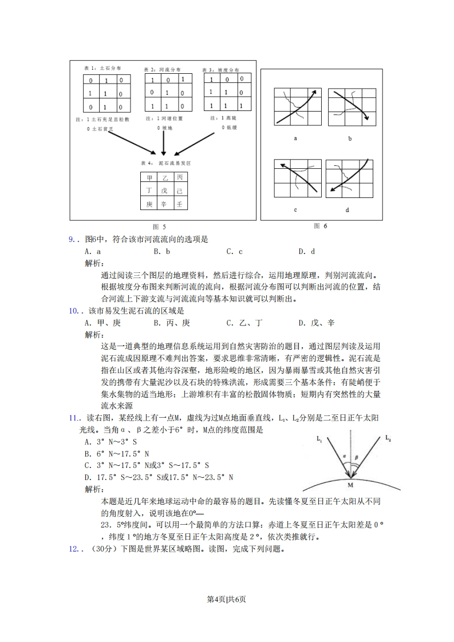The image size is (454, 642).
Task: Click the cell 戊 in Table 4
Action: pyautogui.click(x=164, y=191)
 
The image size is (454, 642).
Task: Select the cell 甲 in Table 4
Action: pyautogui.click(x=149, y=178)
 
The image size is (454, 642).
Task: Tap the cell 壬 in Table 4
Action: pyautogui.click(x=179, y=204)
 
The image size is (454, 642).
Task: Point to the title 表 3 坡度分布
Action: pyautogui.click(x=220, y=70)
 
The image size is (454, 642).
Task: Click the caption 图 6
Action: pyautogui.click(x=320, y=226)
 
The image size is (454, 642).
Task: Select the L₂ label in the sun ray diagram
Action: pyautogui.click(x=388, y=438)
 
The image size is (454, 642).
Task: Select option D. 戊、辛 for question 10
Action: pyautogui.click(x=316, y=323)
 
